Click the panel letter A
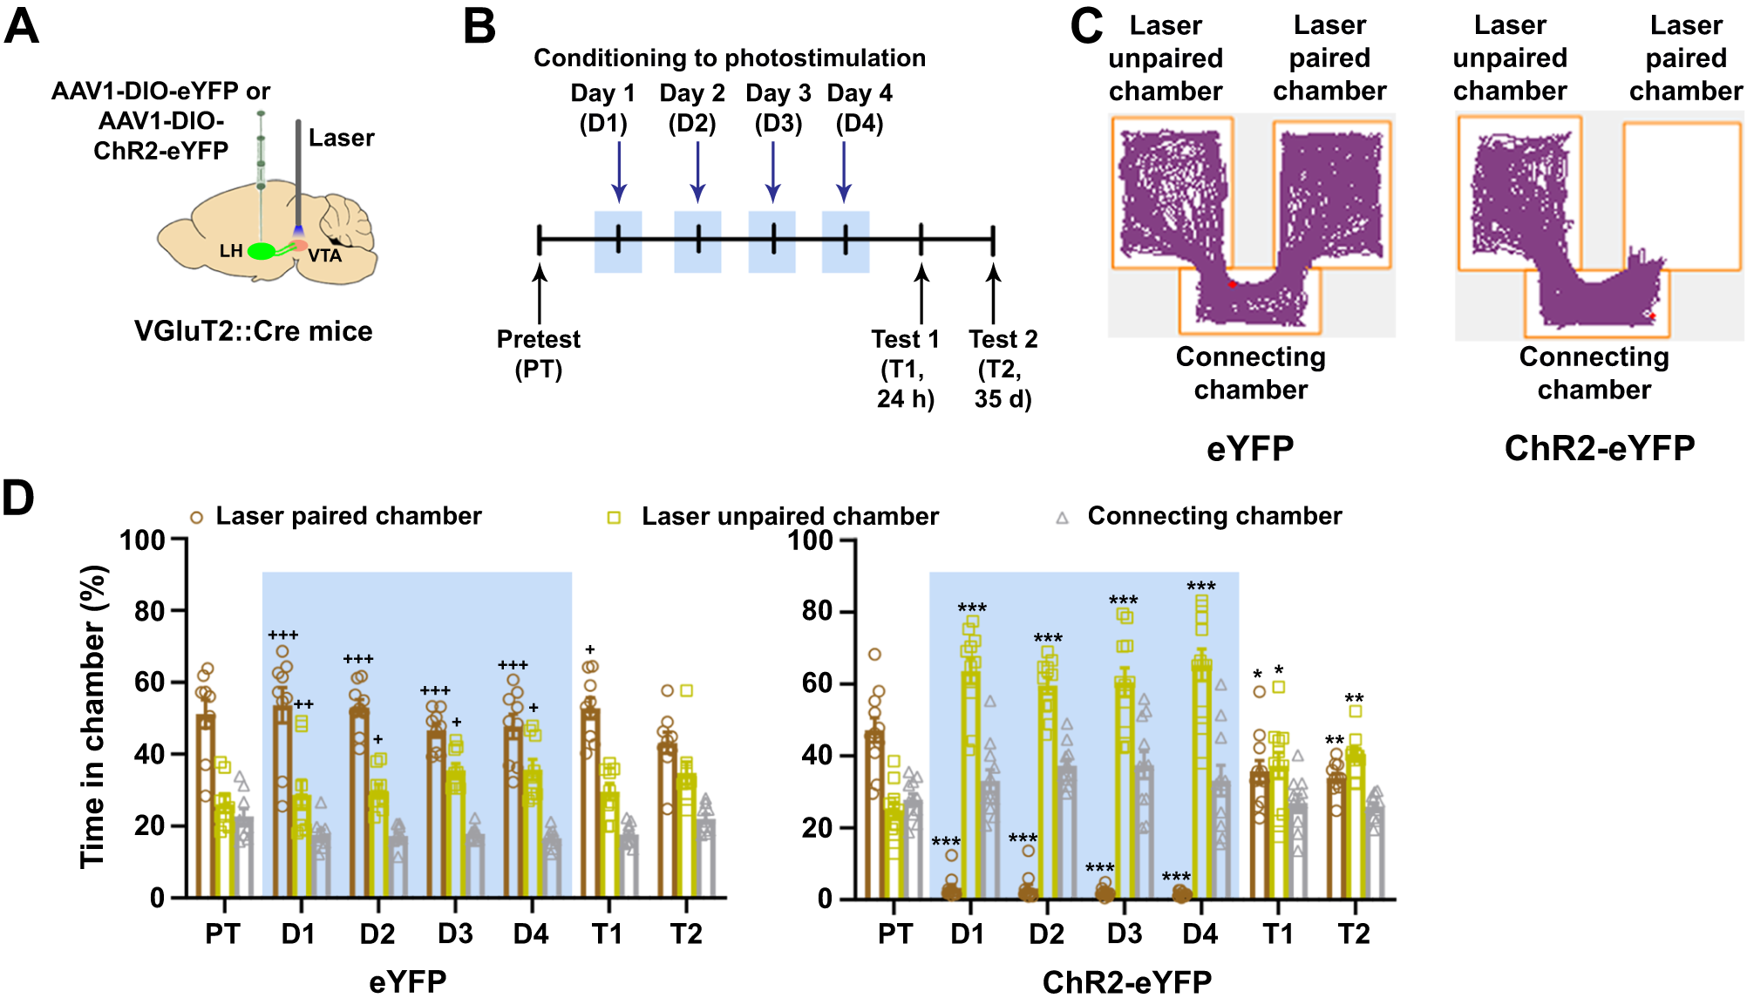[x=22, y=26]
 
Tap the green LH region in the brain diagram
[x=262, y=251]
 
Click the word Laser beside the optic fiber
[x=341, y=138]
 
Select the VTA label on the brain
[x=324, y=255]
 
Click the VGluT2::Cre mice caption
[x=253, y=331]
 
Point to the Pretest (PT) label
[x=539, y=354]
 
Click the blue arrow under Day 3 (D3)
[x=773, y=171]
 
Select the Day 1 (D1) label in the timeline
[x=603, y=107]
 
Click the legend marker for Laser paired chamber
[x=197, y=518]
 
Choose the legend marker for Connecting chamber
[x=1062, y=518]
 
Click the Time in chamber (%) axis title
[x=93, y=716]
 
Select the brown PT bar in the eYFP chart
[x=206, y=806]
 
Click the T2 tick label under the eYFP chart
[x=686, y=934]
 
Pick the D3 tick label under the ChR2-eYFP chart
[x=1125, y=934]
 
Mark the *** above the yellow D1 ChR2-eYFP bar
[x=972, y=608]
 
